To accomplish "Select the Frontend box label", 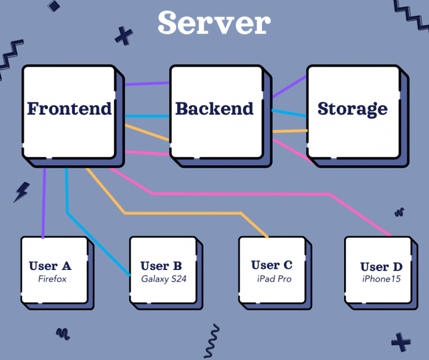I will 69,108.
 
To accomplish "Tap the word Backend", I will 214,108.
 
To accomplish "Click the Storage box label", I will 352,108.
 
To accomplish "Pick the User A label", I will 50,266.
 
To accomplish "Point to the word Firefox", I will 52,278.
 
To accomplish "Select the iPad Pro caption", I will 271,279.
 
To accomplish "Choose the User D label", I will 382,267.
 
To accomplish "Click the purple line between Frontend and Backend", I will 146,84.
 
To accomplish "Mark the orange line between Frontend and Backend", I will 146,133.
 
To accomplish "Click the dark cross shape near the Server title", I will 123,36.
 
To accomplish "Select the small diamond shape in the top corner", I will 54,6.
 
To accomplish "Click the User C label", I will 271,265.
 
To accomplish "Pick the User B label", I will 161,266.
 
